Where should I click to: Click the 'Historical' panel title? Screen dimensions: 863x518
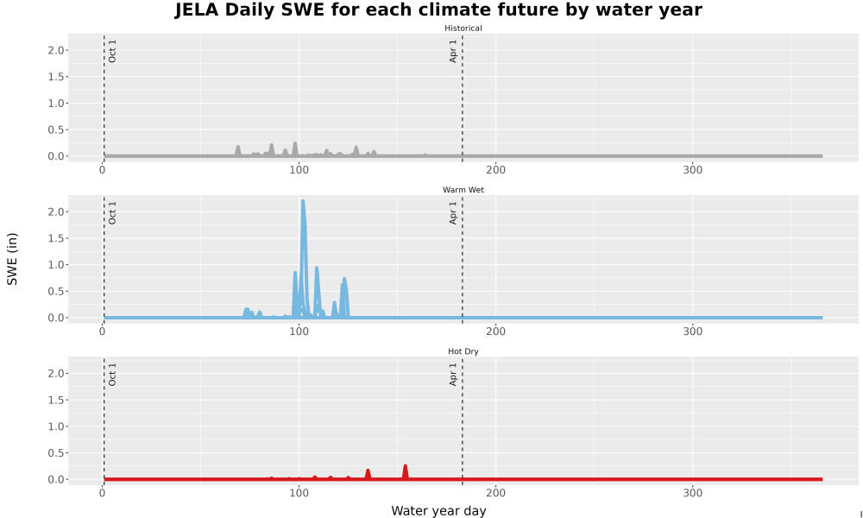tap(463, 28)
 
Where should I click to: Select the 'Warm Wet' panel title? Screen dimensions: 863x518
tap(463, 190)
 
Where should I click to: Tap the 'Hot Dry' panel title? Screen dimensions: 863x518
tap(463, 351)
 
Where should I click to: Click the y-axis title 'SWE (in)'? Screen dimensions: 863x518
tap(12, 259)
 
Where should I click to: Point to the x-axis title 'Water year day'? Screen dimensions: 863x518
tap(438, 511)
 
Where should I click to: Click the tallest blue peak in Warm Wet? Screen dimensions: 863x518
tap(303, 201)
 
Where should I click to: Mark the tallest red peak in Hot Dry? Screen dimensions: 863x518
tap(405, 466)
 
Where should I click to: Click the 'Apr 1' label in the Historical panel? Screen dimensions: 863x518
tap(454, 51)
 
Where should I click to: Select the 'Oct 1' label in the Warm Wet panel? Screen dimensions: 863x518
tap(112, 212)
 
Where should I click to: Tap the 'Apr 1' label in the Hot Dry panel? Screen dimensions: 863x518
tap(454, 374)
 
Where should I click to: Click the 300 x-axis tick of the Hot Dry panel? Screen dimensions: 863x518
tap(692, 493)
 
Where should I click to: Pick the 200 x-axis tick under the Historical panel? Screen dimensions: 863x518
tap(496, 170)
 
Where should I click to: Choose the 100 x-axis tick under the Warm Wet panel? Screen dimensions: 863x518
tap(299, 332)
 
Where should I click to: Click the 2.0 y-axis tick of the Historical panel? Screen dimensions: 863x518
tap(57, 50)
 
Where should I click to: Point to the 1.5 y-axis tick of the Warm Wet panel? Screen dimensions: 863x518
tap(57, 238)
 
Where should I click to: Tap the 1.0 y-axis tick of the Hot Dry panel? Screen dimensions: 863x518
tap(57, 426)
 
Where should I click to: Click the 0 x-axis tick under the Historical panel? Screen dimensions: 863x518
tap(103, 170)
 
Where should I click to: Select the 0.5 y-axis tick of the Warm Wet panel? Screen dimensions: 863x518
tap(57, 291)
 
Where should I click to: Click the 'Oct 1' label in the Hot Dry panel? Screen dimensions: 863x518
tap(112, 375)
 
